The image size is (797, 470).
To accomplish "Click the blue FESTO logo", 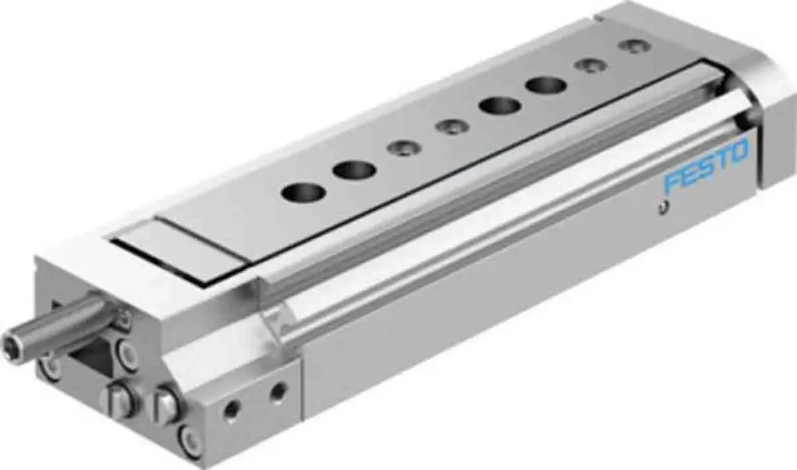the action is click(706, 166).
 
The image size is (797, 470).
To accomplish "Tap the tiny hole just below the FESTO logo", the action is click(661, 207).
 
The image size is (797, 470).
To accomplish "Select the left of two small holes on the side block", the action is click(233, 409).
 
